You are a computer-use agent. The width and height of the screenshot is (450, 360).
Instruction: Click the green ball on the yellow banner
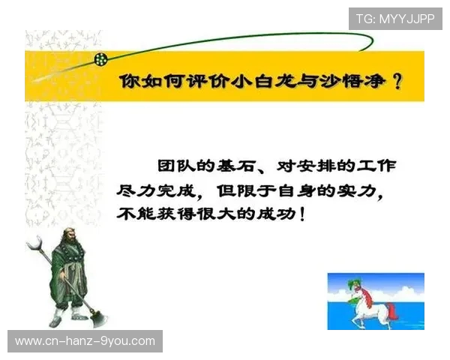pos(100,58)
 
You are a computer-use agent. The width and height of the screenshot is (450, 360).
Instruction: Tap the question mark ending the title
pos(397,82)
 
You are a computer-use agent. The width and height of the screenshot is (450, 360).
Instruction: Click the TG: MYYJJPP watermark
pos(395,19)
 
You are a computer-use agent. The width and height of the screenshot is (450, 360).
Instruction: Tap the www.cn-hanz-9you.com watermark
pos(85,341)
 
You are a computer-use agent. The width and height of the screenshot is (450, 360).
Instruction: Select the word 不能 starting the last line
pos(133,214)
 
